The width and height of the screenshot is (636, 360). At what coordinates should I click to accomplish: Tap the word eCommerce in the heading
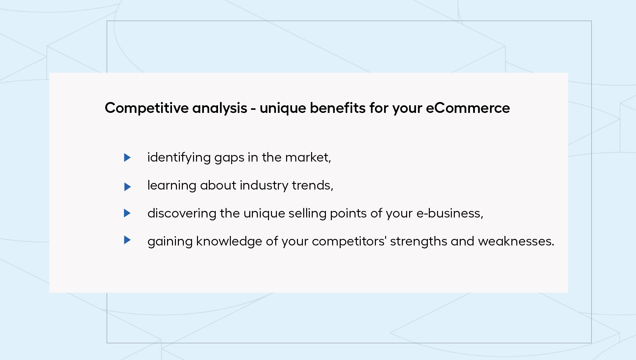(468, 108)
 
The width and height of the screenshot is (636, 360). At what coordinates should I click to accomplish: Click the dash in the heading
(253, 109)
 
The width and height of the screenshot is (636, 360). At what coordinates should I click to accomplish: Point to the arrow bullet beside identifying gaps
(127, 158)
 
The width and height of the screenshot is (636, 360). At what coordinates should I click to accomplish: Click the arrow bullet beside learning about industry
(127, 187)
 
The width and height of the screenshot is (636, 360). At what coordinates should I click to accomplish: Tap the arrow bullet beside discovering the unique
(127, 213)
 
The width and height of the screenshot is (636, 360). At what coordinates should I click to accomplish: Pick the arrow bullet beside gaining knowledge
(127, 240)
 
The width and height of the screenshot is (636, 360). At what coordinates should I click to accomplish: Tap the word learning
(172, 186)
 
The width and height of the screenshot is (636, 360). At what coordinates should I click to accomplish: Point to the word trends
(312, 186)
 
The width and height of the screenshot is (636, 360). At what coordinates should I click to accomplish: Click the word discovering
(182, 214)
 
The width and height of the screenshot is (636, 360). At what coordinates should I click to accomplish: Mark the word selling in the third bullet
(307, 214)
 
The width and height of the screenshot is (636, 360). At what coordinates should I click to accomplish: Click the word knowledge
(229, 242)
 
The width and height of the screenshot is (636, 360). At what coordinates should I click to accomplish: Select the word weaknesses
(516, 241)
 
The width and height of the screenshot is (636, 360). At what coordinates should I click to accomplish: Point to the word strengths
(419, 242)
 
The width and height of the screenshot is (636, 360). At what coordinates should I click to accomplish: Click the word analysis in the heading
(220, 108)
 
